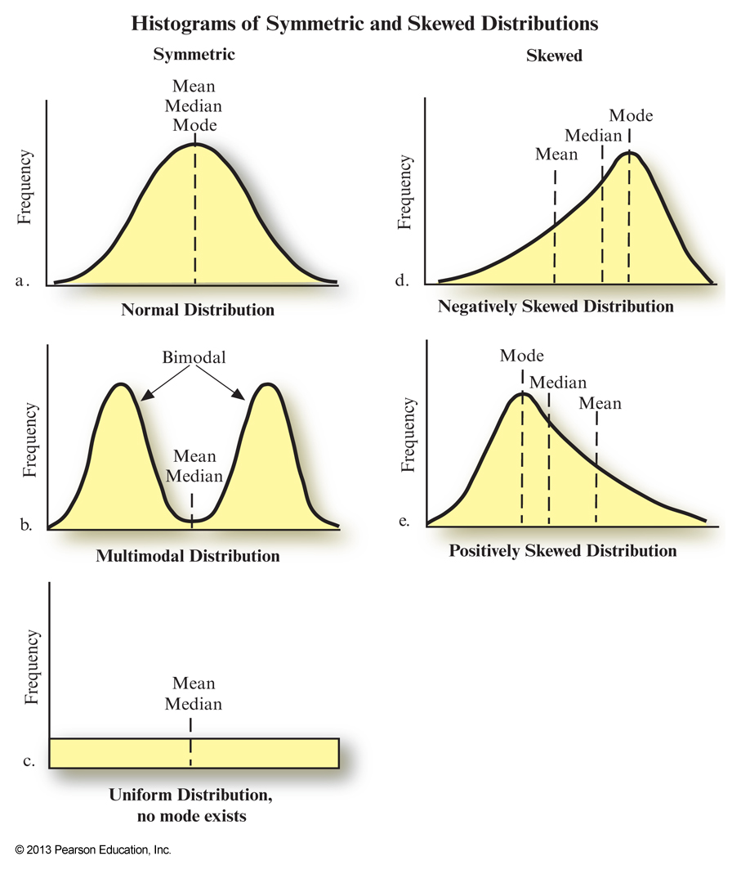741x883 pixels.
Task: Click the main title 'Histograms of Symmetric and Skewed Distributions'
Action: tap(364, 25)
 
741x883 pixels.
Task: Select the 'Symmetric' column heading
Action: tap(194, 55)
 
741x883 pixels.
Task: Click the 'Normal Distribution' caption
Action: tap(198, 311)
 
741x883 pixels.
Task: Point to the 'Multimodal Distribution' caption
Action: tap(188, 557)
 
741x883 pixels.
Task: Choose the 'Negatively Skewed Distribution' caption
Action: tap(556, 307)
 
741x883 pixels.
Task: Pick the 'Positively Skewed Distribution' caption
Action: tap(563, 551)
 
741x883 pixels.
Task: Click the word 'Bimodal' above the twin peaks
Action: tap(194, 357)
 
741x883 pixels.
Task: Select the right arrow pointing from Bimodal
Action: tap(221, 383)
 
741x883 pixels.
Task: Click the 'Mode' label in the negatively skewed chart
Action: tap(631, 115)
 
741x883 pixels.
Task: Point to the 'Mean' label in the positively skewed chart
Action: tap(600, 403)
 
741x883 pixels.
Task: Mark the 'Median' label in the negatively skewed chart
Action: tap(595, 134)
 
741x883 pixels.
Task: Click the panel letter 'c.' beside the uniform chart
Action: tap(28, 761)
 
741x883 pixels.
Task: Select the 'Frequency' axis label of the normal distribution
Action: tap(26, 187)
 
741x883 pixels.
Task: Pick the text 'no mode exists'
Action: tap(190, 816)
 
